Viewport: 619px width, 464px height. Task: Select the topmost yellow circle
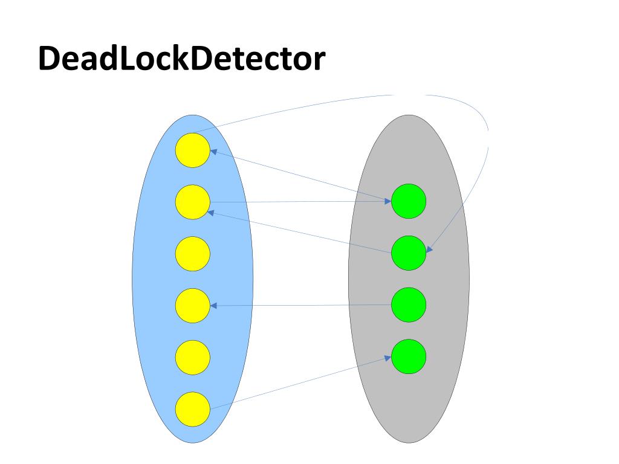pyautogui.click(x=193, y=150)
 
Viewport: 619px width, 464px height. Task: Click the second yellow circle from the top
pyautogui.click(x=193, y=202)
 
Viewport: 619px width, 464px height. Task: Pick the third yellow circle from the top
pyautogui.click(x=193, y=254)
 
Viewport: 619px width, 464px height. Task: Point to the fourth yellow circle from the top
pyautogui.click(x=193, y=306)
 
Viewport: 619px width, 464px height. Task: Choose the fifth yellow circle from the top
pyautogui.click(x=193, y=357)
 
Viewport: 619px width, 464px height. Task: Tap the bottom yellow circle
pyautogui.click(x=193, y=409)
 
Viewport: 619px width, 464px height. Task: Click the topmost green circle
pyautogui.click(x=409, y=202)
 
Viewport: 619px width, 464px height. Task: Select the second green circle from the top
pyautogui.click(x=409, y=253)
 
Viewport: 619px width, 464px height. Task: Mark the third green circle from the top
pyautogui.click(x=409, y=305)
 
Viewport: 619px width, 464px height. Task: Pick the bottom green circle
pyautogui.click(x=409, y=356)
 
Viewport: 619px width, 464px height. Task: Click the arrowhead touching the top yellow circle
pyautogui.click(x=213, y=152)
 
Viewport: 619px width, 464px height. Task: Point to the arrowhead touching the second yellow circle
pyautogui.click(x=210, y=212)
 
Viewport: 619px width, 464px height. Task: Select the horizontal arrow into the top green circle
pyautogui.click(x=302, y=202)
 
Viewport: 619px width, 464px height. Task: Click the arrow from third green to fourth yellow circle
pyautogui.click(x=302, y=306)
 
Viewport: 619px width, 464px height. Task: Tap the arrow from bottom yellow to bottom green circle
pyautogui.click(x=302, y=382)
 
